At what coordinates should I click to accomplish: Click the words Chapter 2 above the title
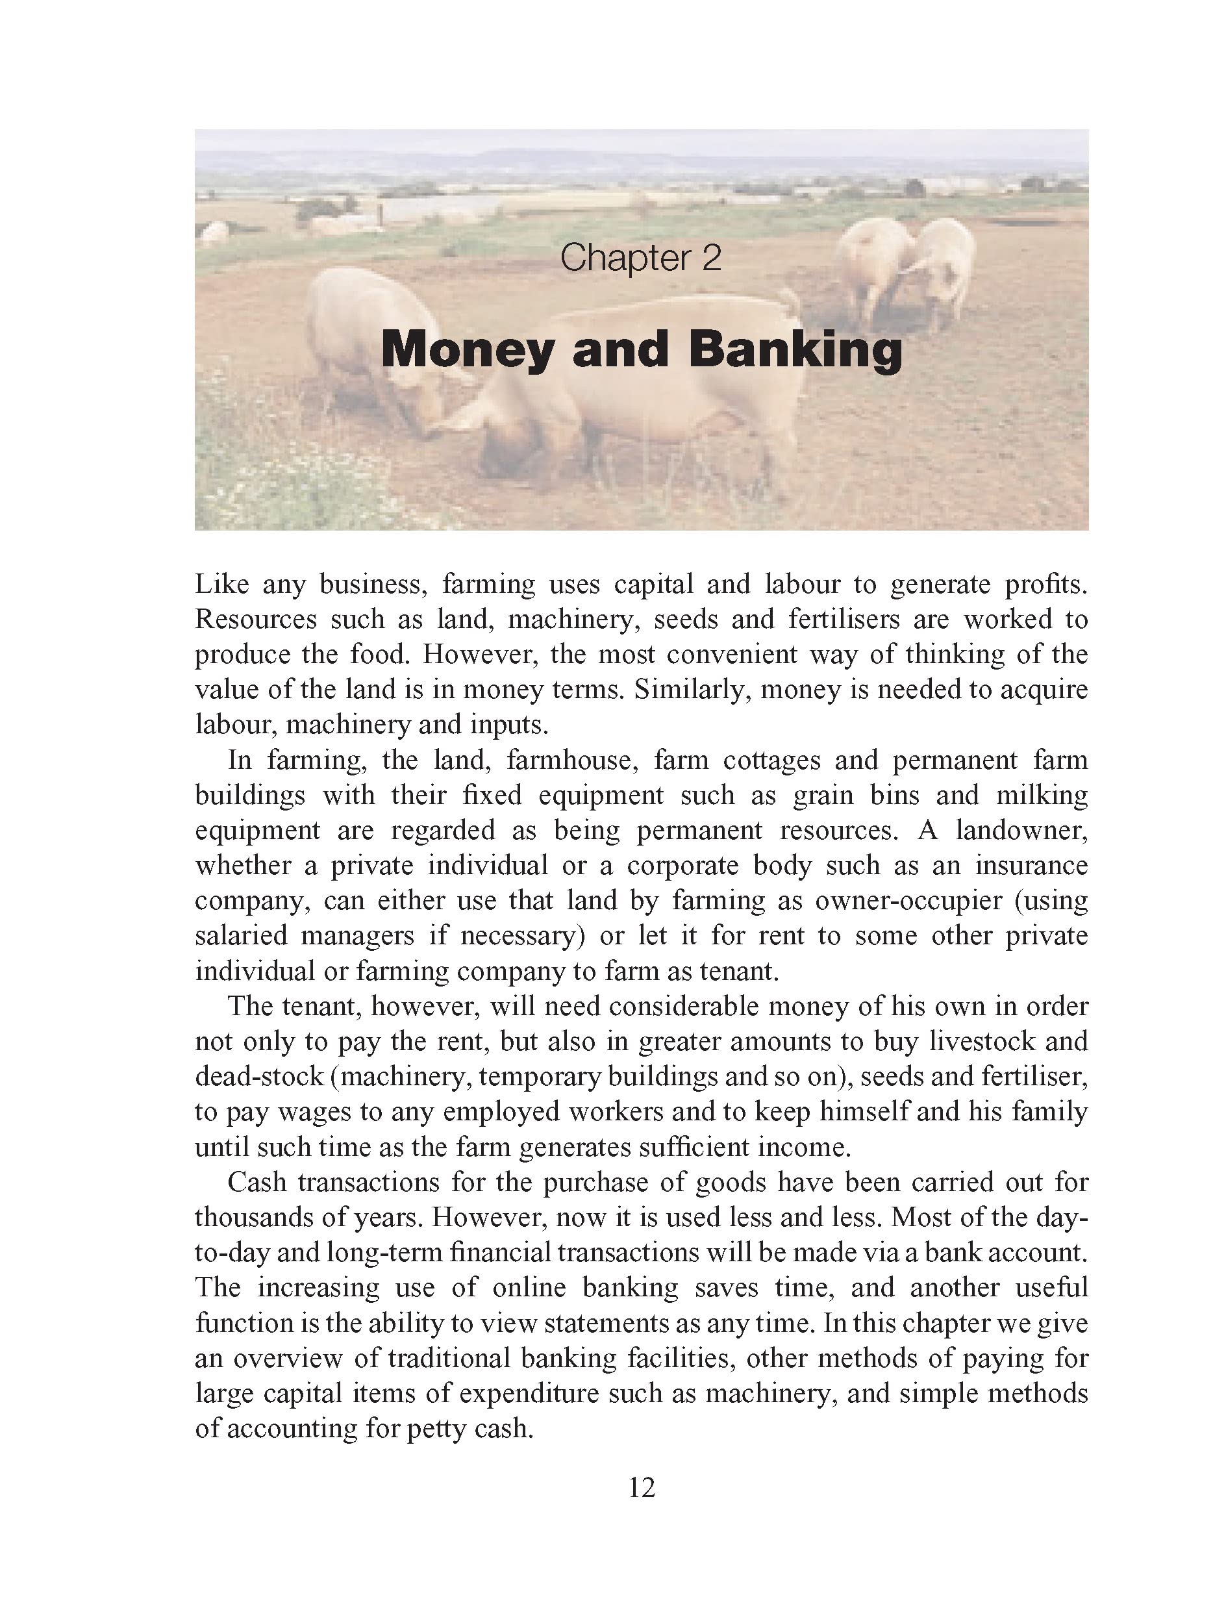click(640, 258)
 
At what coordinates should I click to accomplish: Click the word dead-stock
click(259, 1077)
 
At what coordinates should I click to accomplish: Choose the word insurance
click(1031, 866)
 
